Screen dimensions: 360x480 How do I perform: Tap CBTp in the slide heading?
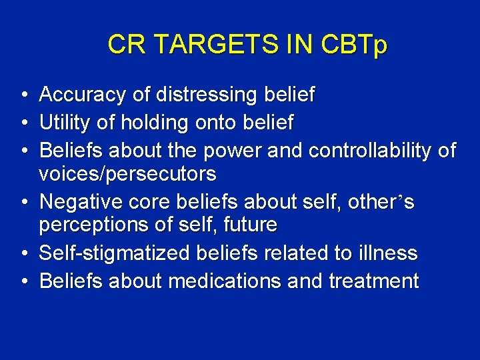click(353, 45)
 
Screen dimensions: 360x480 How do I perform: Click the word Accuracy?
click(83, 95)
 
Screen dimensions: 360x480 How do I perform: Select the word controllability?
click(370, 151)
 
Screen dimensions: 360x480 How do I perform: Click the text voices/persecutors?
click(127, 174)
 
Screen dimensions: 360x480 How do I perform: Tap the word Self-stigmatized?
click(115, 253)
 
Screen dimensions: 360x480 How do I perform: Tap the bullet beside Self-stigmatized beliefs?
click(24, 254)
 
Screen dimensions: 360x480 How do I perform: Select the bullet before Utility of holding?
click(24, 123)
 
